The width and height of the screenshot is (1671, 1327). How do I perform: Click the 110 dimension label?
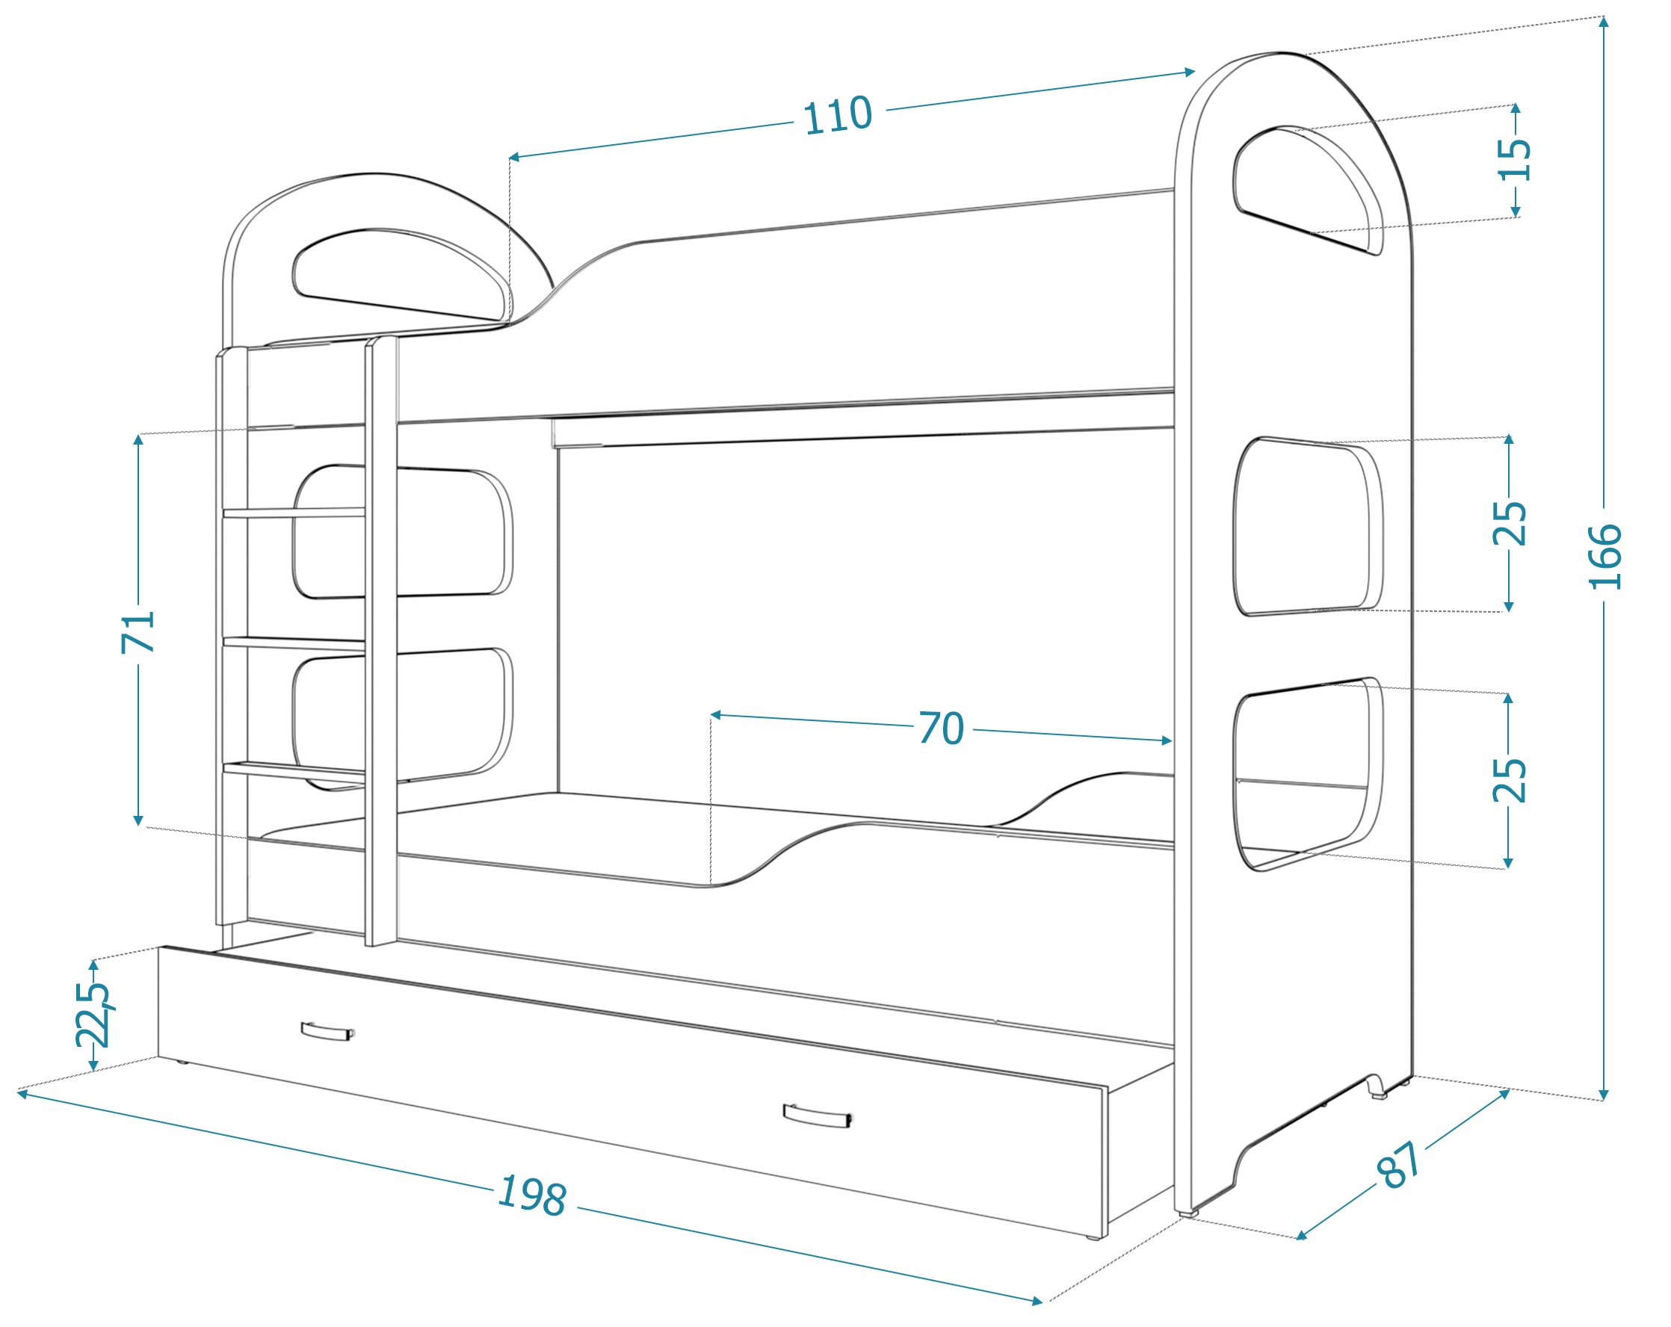[837, 117]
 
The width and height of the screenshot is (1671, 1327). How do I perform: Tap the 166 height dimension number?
[1604, 557]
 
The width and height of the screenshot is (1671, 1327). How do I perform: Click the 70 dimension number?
[942, 728]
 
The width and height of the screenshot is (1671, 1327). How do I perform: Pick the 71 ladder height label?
[139, 631]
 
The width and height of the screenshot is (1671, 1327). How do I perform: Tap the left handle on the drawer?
[327, 1031]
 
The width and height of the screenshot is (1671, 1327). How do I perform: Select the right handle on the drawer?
[817, 1116]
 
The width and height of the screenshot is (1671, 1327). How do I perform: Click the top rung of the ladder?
[294, 513]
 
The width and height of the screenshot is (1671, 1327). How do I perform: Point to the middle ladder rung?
[294, 643]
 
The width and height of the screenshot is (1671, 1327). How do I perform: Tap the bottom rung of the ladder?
[294, 769]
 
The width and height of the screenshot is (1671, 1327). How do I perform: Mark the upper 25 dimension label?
[1509, 523]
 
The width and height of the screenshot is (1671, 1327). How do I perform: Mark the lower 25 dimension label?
[1509, 780]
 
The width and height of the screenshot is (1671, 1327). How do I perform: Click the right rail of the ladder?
[380, 643]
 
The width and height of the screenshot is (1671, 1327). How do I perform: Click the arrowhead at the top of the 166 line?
[1604, 22]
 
